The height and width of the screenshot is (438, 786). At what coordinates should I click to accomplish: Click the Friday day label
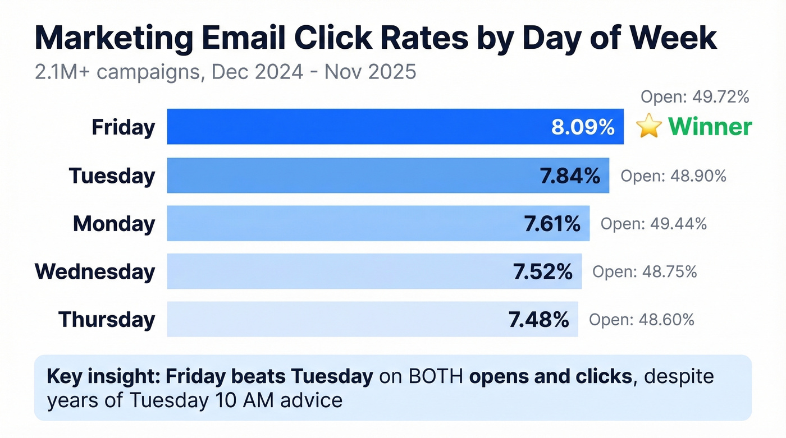[x=123, y=127]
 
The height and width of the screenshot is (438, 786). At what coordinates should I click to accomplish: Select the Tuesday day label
[x=112, y=176]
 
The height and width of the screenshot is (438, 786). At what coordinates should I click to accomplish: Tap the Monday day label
[x=114, y=224]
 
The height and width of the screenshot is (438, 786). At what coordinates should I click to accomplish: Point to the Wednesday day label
[x=95, y=271]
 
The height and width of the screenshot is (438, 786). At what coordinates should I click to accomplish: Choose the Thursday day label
[x=107, y=320]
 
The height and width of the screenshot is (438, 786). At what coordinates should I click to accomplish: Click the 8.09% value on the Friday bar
[x=583, y=127]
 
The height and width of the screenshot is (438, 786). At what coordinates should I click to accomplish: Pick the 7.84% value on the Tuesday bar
[x=570, y=176]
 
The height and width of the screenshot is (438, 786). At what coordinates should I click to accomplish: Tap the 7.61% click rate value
[x=552, y=224]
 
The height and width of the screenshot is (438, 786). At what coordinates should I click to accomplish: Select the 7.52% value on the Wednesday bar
[x=543, y=272]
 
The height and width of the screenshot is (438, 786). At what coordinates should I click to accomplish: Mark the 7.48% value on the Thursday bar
[x=539, y=320]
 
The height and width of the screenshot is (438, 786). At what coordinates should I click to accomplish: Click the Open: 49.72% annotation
[x=695, y=97]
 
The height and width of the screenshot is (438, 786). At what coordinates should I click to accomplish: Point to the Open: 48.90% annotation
[x=673, y=176]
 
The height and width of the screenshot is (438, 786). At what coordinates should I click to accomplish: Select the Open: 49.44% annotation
[x=654, y=224]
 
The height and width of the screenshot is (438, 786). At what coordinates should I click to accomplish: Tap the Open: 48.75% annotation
[x=645, y=272]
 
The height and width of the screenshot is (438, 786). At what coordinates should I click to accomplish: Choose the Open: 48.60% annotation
[x=641, y=320]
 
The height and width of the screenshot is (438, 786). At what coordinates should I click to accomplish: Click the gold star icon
[x=649, y=127]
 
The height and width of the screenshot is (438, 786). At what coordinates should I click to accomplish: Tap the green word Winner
[x=710, y=127]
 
